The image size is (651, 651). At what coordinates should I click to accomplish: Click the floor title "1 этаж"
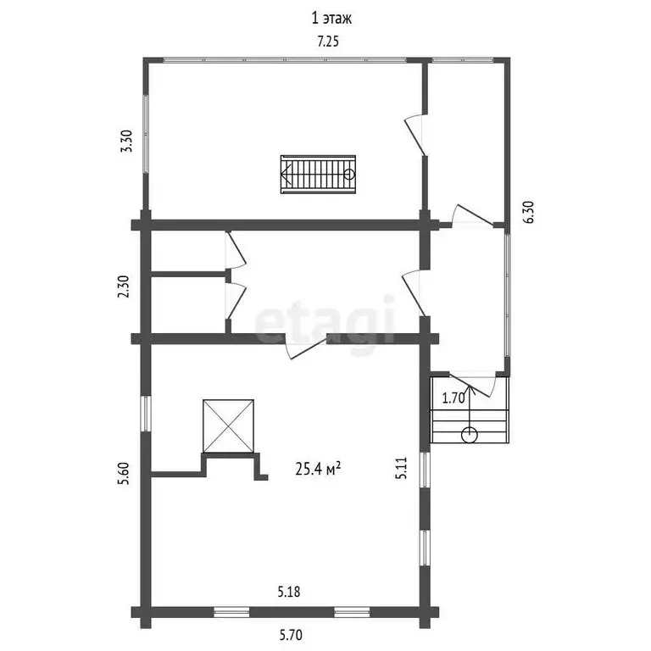pos(331,19)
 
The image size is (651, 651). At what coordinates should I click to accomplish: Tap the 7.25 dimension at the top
pos(328,42)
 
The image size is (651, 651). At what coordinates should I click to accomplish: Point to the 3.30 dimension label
pos(126,142)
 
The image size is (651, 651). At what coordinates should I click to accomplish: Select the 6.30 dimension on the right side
pos(529,212)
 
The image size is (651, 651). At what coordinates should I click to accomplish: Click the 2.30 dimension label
pos(124,287)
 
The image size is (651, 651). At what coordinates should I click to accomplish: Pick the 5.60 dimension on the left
pos(124,473)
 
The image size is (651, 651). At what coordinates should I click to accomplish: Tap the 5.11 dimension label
pos(401,468)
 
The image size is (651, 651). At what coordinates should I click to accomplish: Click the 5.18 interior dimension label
pos(289,592)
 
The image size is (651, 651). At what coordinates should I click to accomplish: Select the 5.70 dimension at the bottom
pos(291,635)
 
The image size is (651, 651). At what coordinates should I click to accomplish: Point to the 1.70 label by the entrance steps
pos(453,398)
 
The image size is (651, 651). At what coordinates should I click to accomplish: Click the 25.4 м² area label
pos(318,469)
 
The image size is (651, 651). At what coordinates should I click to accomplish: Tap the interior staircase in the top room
pos(318,175)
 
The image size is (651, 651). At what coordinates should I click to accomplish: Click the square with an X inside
pos(228,426)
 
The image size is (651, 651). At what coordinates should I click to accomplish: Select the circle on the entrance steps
pos(469,435)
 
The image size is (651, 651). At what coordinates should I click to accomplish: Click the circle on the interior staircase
pos(349,175)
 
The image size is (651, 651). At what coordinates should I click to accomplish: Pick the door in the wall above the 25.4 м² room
pos(306,346)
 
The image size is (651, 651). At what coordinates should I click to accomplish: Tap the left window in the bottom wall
pos(231,612)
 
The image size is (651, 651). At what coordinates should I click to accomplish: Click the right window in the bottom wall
pos(352,612)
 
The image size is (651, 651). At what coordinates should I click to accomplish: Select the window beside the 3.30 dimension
pos(146,134)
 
